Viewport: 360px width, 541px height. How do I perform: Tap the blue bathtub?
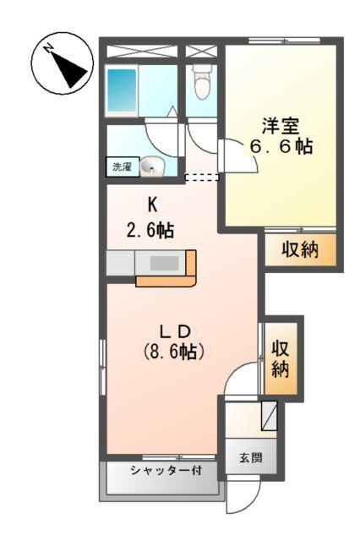(x=123, y=90)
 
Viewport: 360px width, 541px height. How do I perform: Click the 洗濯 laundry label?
(x=123, y=167)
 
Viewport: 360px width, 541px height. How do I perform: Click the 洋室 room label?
(x=280, y=127)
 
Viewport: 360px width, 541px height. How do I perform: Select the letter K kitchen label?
(x=153, y=204)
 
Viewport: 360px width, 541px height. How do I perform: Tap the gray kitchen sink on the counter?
(x=164, y=263)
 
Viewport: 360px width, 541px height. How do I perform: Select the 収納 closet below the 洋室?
(x=299, y=250)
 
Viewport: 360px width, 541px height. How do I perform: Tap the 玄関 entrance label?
(x=249, y=457)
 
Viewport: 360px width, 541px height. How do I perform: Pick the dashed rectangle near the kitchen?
(x=202, y=178)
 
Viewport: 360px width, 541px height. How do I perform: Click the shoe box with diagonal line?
(x=269, y=416)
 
